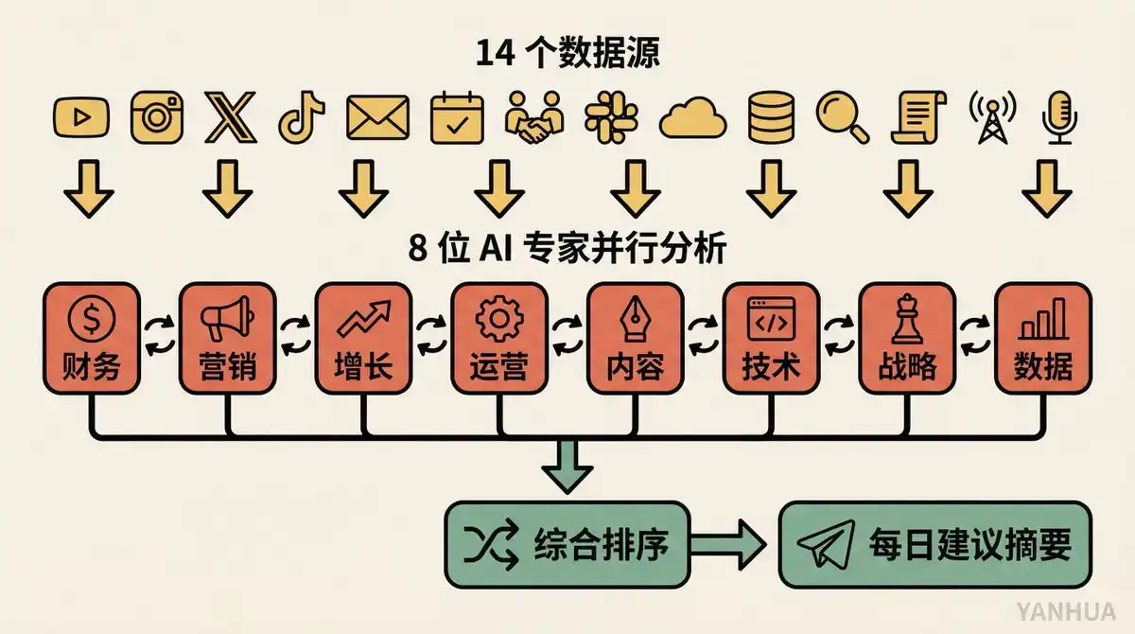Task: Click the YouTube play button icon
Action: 80,118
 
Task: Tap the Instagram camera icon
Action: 155,118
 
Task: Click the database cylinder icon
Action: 771,118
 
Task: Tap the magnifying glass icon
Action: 842,118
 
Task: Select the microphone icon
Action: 1057,118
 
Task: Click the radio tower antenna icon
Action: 989,118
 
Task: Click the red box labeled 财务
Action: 93,338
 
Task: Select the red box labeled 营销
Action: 228,338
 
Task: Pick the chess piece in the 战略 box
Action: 906,319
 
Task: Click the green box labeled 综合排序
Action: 567,544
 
